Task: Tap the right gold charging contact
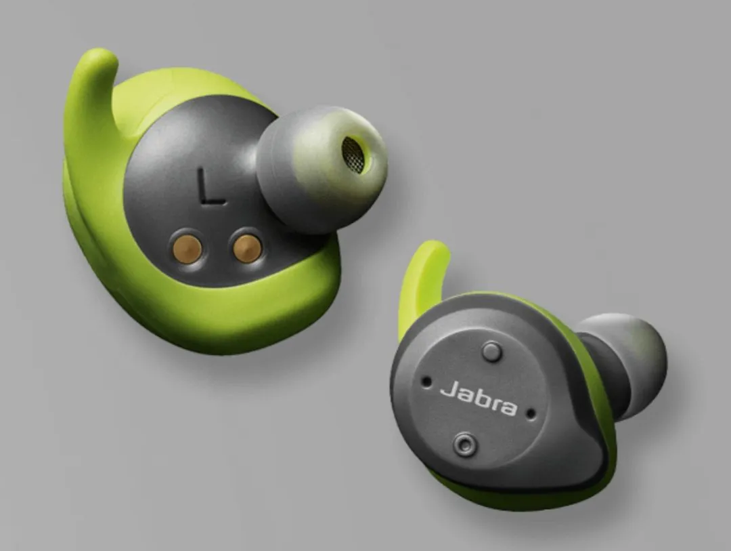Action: pyautogui.click(x=247, y=249)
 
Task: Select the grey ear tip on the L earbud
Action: pyautogui.click(x=322, y=168)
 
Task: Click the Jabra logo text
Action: pyautogui.click(x=479, y=398)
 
